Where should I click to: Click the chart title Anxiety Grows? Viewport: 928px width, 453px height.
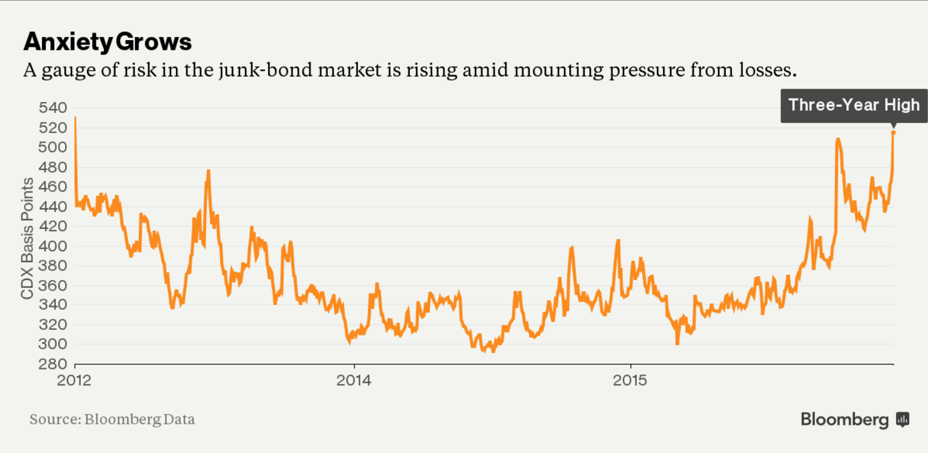point(107,42)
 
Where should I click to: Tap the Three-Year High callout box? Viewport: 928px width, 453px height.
point(854,105)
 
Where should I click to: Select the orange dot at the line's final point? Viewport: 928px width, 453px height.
point(893,132)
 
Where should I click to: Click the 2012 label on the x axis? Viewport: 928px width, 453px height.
point(75,380)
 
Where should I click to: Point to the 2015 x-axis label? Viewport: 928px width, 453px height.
point(631,380)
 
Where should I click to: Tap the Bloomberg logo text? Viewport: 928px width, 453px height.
point(844,419)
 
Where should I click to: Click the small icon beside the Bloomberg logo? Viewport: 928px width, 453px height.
point(902,419)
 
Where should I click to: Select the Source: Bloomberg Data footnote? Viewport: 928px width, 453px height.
point(112,419)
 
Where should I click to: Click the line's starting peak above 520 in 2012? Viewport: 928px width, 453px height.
point(75,118)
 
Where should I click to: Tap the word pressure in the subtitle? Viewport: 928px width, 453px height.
point(634,70)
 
